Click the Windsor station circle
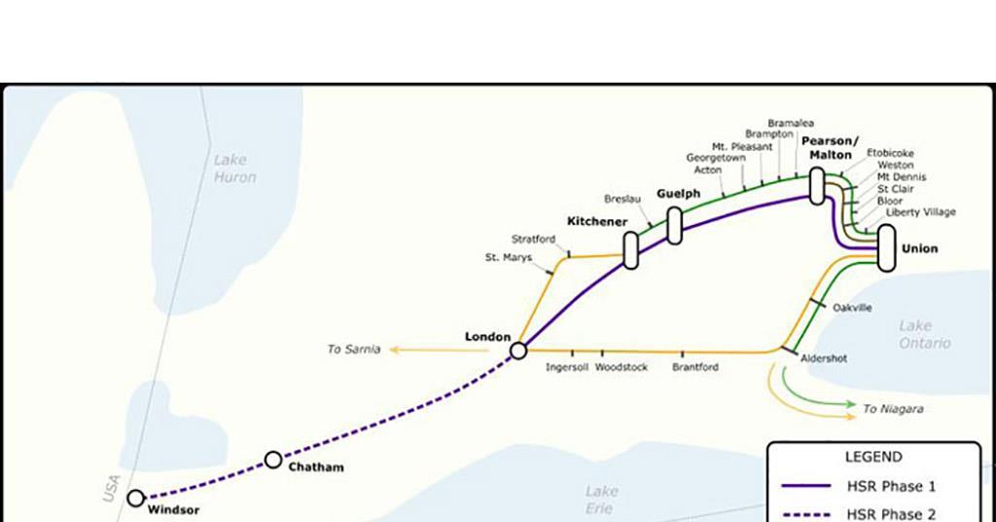click(x=135, y=499)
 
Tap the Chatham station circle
click(x=273, y=460)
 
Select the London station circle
click(x=518, y=350)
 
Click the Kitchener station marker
click(x=630, y=250)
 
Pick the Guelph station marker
click(x=674, y=225)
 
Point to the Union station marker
click(x=886, y=247)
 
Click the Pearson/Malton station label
click(x=830, y=148)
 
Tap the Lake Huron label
click(x=234, y=168)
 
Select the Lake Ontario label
click(x=925, y=334)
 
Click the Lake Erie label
click(x=601, y=500)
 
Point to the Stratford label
click(x=534, y=239)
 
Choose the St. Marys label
click(x=509, y=258)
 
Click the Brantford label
click(x=695, y=367)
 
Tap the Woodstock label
click(x=621, y=367)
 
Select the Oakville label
click(x=852, y=308)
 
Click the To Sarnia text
click(x=354, y=349)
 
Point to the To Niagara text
click(x=893, y=409)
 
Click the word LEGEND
click(x=872, y=457)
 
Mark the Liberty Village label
click(x=920, y=212)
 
